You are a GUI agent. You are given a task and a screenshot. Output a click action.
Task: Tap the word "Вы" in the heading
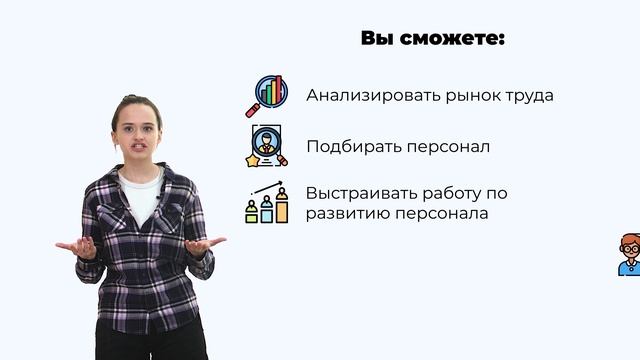click(376, 39)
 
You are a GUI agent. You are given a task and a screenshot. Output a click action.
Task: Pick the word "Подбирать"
click(354, 146)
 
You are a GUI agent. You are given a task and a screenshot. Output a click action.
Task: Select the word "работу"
click(463, 191)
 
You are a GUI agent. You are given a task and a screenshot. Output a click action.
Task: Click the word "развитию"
click(347, 213)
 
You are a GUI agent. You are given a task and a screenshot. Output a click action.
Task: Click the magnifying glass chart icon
click(266, 96)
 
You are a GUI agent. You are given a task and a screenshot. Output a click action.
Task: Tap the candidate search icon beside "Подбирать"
click(267, 146)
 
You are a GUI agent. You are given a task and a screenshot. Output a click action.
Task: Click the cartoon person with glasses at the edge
click(629, 254)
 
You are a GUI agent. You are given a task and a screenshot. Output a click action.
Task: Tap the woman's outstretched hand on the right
click(204, 245)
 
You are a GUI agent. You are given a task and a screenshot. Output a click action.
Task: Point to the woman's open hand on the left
click(76, 247)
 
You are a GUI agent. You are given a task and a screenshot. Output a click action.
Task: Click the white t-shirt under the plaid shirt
click(143, 195)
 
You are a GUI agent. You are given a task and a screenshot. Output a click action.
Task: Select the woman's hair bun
click(126, 100)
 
